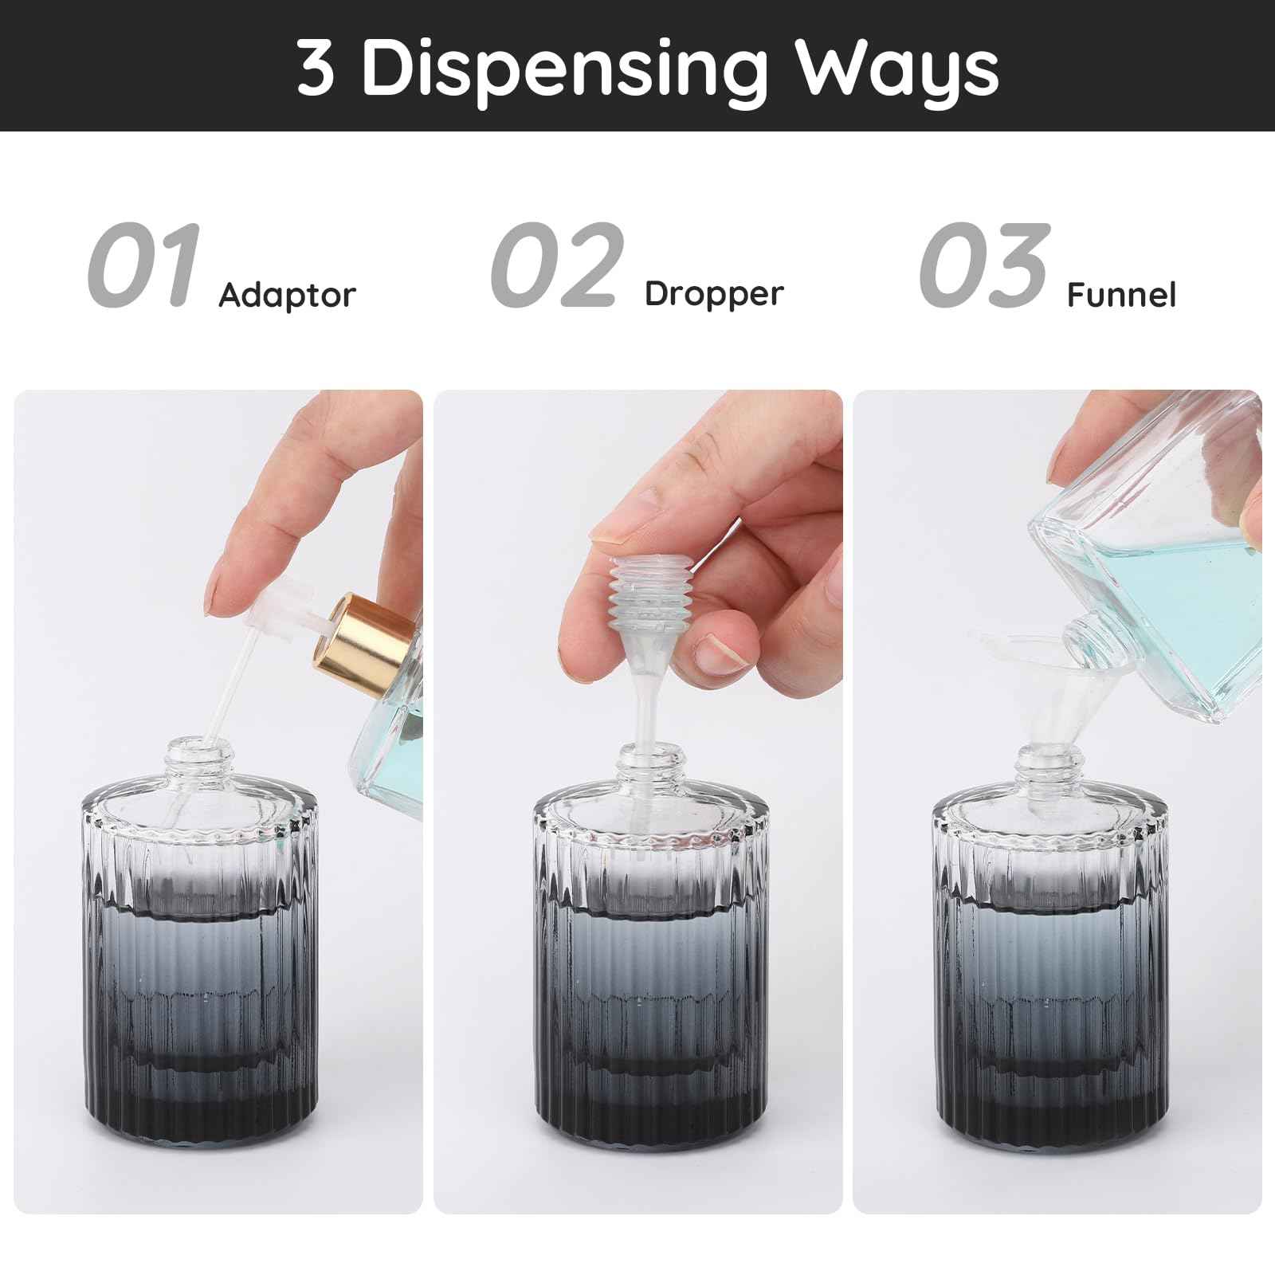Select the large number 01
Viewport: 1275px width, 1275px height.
[143, 266]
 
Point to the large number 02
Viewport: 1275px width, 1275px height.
[556, 266]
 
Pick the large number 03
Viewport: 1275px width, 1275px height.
[985, 266]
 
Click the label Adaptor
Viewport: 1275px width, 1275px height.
[287, 296]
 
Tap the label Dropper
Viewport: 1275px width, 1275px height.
[714, 294]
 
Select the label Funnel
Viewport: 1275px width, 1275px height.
[1120, 296]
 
